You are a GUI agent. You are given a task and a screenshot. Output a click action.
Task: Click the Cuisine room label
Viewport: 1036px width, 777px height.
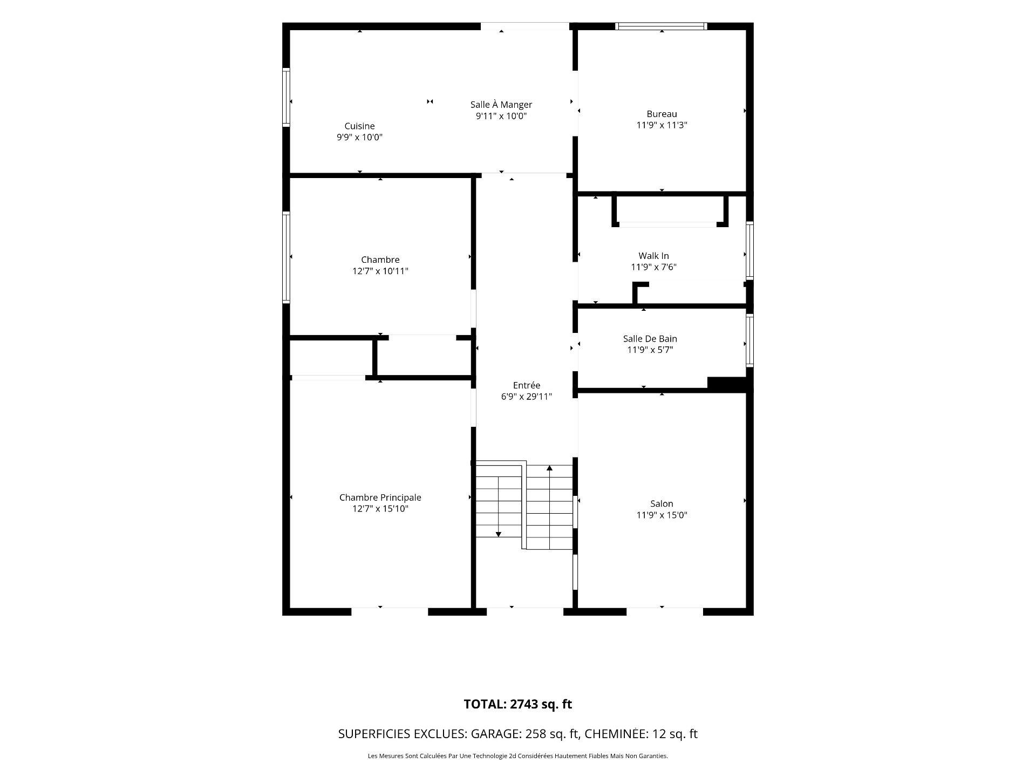[360, 126]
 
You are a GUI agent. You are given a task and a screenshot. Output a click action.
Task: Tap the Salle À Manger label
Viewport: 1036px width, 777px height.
[501, 105]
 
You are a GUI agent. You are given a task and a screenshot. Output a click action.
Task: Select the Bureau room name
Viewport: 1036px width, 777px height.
[662, 114]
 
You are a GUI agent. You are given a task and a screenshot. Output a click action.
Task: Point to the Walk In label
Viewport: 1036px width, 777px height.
[654, 256]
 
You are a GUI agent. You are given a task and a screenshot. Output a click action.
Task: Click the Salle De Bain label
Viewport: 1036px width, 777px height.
[650, 339]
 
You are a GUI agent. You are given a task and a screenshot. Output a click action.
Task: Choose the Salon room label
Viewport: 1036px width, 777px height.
[662, 504]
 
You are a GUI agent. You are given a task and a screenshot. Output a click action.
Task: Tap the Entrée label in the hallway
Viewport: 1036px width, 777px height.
[527, 385]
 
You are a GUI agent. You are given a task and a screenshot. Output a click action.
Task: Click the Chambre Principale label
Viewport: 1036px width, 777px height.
[380, 497]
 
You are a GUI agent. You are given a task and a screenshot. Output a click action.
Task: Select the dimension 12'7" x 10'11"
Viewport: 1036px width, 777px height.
[380, 271]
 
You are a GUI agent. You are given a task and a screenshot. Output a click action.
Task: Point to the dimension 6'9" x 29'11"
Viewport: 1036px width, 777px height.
[527, 397]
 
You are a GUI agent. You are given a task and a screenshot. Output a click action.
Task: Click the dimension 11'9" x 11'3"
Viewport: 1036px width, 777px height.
[662, 125]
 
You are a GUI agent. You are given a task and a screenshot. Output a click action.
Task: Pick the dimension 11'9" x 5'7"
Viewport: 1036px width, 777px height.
[650, 350]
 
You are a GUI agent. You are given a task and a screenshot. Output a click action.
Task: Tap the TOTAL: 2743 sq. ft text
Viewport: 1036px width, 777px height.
[518, 704]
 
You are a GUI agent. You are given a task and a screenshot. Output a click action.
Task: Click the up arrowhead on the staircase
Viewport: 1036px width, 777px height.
[550, 468]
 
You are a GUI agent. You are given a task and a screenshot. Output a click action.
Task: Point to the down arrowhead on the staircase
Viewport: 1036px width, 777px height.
[499, 534]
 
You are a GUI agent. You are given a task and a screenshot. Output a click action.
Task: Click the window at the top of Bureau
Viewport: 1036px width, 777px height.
[662, 26]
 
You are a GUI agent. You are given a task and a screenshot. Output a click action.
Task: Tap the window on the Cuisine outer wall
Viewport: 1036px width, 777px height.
[287, 98]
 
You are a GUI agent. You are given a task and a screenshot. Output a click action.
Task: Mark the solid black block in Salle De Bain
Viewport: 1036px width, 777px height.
[727, 383]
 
